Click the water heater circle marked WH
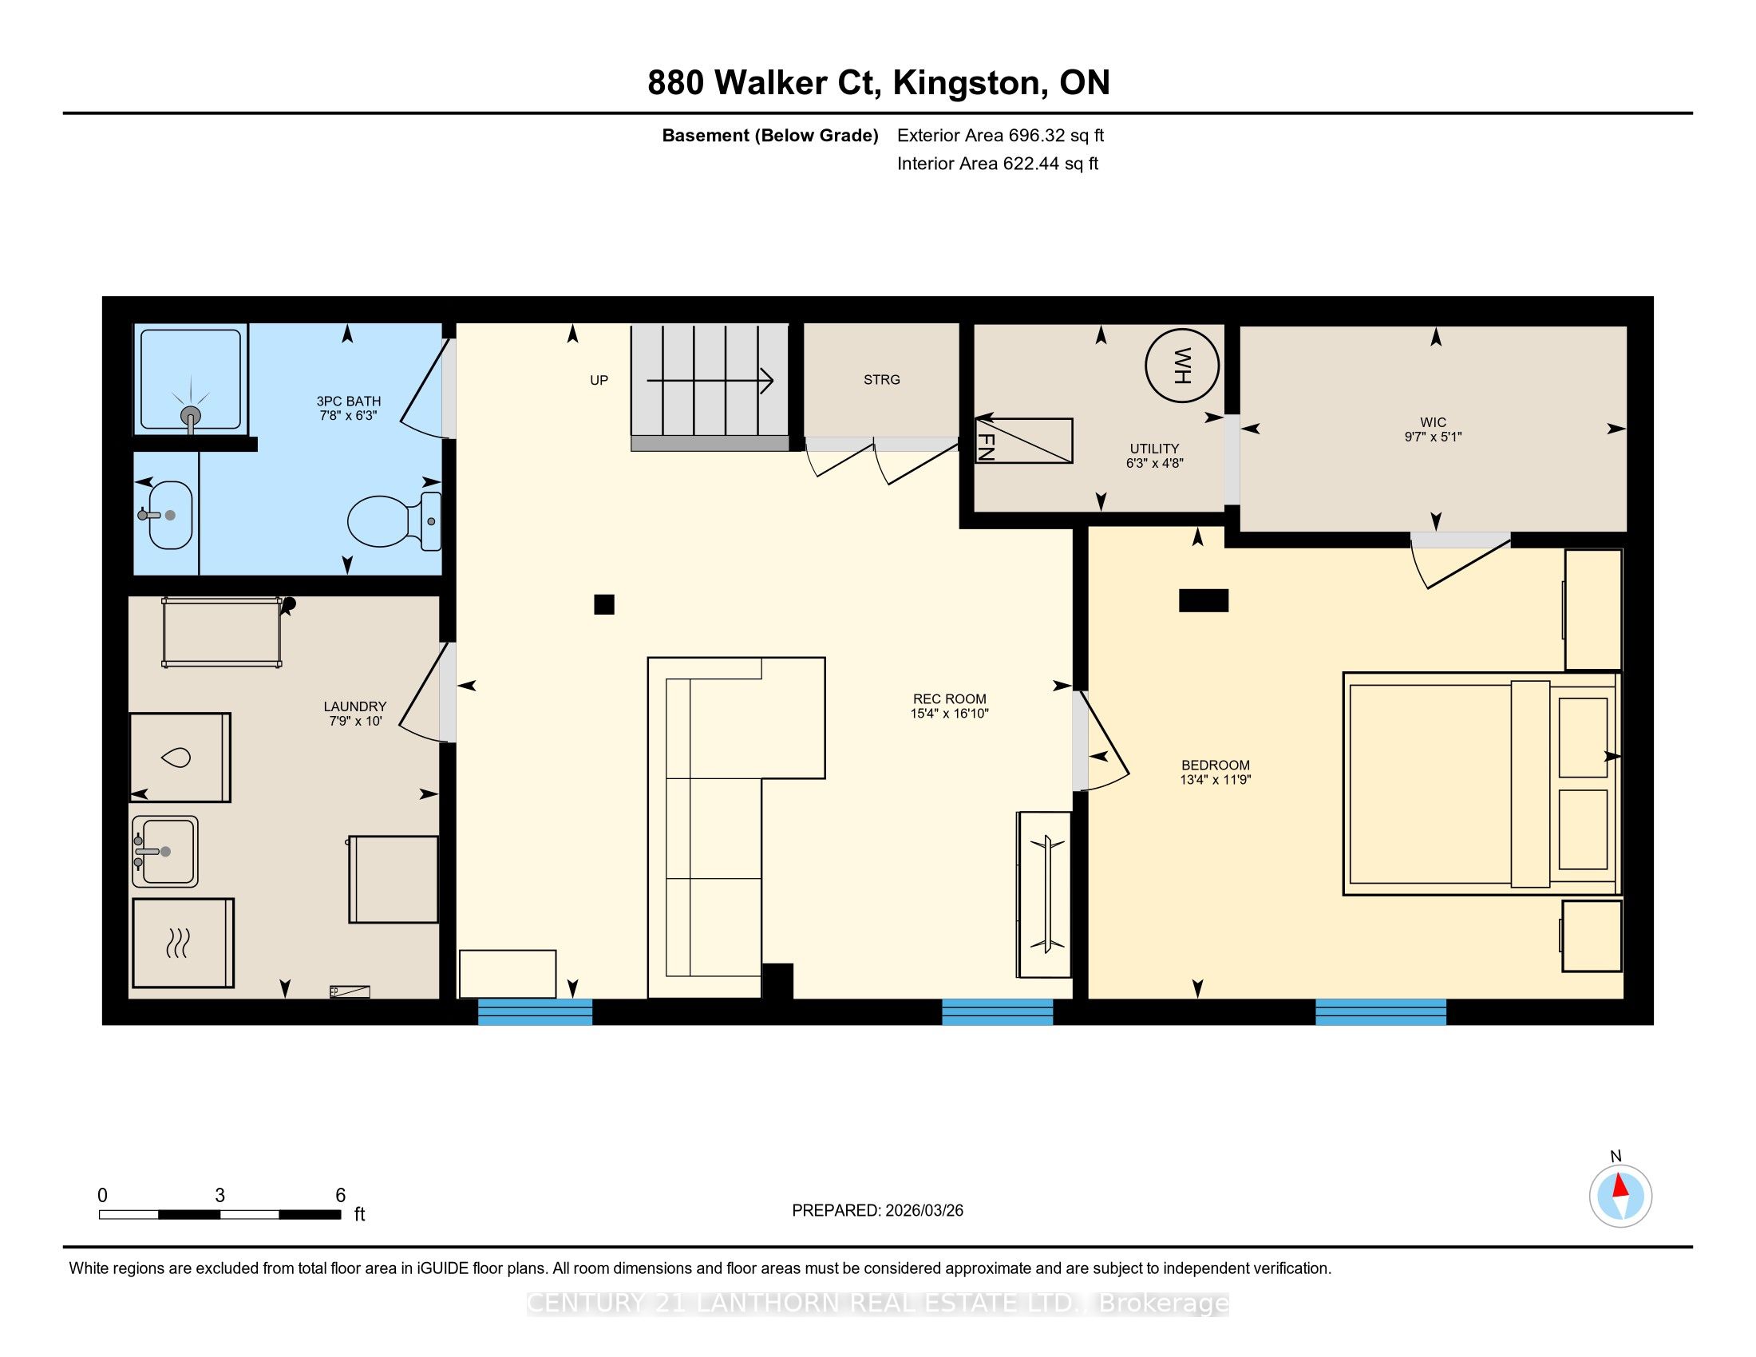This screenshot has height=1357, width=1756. (1181, 366)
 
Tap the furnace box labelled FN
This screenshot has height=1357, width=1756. (1023, 441)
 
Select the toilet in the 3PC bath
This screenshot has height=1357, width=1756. (394, 521)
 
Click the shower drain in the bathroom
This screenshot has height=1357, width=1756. (191, 416)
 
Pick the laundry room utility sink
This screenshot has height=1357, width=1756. (165, 852)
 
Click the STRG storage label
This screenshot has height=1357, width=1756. (882, 379)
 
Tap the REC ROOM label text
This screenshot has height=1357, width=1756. (950, 698)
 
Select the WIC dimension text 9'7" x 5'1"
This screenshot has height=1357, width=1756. (1433, 437)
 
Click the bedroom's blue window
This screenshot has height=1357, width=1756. (1381, 1011)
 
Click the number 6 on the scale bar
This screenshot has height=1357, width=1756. (340, 1196)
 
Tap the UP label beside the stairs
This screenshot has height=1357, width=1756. (599, 380)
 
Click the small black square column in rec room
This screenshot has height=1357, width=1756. (604, 604)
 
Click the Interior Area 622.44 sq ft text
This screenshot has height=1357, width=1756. (998, 164)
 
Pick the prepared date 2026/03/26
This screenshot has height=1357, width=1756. (923, 1211)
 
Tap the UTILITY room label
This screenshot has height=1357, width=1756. (1155, 449)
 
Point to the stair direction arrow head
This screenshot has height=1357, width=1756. (767, 380)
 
